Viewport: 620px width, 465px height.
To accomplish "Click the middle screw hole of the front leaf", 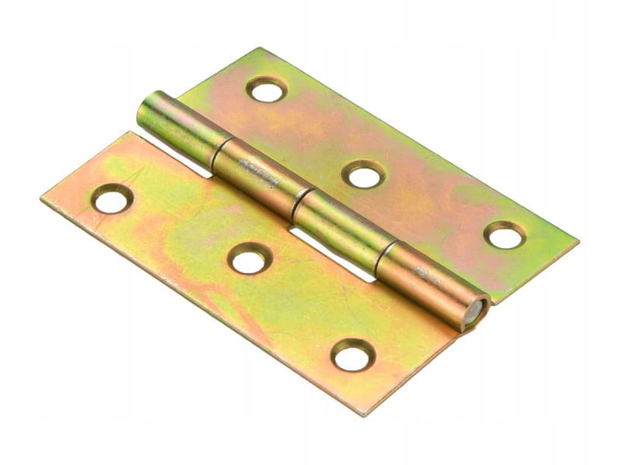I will click(x=250, y=260).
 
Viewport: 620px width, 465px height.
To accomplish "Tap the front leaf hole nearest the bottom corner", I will click(x=353, y=356).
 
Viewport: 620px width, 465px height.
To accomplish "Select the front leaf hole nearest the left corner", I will click(x=112, y=200).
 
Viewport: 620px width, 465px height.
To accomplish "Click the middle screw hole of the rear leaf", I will click(x=363, y=175).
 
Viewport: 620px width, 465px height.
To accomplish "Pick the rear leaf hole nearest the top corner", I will click(x=267, y=90).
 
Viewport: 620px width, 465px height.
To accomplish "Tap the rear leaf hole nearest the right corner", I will click(x=505, y=236).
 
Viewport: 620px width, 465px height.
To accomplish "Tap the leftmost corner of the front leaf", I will click(x=43, y=199).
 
